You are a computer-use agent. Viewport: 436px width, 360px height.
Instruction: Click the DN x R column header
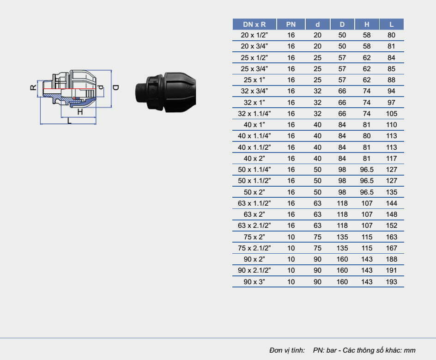click(254, 24)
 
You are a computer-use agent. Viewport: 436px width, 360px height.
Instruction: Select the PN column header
click(291, 24)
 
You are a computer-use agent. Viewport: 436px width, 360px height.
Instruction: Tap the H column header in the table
click(367, 24)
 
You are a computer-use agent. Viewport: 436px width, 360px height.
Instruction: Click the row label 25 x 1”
click(254, 80)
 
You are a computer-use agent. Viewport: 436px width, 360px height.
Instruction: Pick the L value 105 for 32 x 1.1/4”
click(391, 114)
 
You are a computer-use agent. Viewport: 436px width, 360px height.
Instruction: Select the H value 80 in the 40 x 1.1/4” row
click(367, 136)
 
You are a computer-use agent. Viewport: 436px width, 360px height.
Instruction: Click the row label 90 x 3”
click(254, 281)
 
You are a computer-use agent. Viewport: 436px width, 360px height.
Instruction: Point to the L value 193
click(391, 281)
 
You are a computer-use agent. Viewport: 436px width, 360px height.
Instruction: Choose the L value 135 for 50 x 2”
click(391, 192)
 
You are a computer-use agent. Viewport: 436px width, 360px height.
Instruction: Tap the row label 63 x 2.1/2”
click(254, 226)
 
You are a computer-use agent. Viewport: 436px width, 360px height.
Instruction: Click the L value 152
click(391, 226)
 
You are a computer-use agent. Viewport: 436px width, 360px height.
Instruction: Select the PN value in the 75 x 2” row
click(291, 237)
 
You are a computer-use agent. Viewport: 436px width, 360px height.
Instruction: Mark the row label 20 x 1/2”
click(254, 35)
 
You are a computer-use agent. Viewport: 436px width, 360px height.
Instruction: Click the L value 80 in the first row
click(391, 35)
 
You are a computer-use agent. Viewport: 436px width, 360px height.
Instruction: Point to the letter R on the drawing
click(33, 88)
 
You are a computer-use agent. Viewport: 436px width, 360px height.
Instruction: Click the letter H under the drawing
click(79, 112)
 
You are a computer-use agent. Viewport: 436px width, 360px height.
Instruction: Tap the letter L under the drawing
click(69, 121)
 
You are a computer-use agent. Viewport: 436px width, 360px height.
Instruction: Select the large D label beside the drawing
click(116, 87)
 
